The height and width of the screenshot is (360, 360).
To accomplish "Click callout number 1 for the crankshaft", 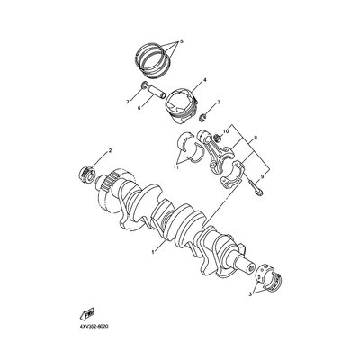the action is point(153,252).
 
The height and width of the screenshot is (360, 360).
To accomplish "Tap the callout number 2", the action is point(110,150).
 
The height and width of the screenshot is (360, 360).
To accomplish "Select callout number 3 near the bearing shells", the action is point(250,295).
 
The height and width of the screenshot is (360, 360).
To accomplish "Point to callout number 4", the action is point(205,80).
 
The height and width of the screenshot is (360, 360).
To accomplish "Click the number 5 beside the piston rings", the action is point(181,41).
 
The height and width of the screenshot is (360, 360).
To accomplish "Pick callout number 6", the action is point(139,107).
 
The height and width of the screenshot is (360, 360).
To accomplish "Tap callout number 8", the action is point(256,139).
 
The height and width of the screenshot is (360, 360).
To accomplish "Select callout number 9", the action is point(262,177).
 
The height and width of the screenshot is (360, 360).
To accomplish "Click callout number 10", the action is point(226,131).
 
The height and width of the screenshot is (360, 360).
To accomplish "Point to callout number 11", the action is point(176,167).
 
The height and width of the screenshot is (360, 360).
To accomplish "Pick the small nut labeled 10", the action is point(219,139).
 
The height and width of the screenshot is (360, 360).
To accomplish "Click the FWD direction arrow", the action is point(87,314).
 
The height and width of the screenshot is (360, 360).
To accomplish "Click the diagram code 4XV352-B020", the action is point(94,326).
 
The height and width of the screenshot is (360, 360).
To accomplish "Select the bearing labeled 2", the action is point(87,175).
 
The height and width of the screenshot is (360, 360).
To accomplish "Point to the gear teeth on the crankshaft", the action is point(110,183).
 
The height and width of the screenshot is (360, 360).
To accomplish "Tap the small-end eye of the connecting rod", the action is point(204,135).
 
